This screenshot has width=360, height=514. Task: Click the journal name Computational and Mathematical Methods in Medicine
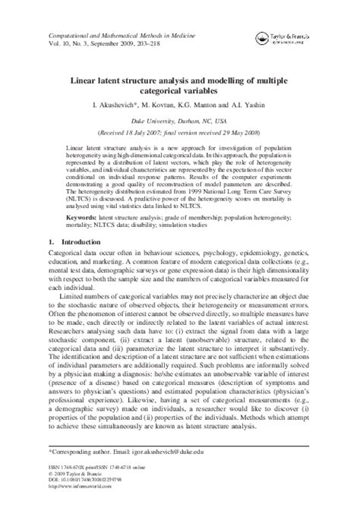tap(125, 36)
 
